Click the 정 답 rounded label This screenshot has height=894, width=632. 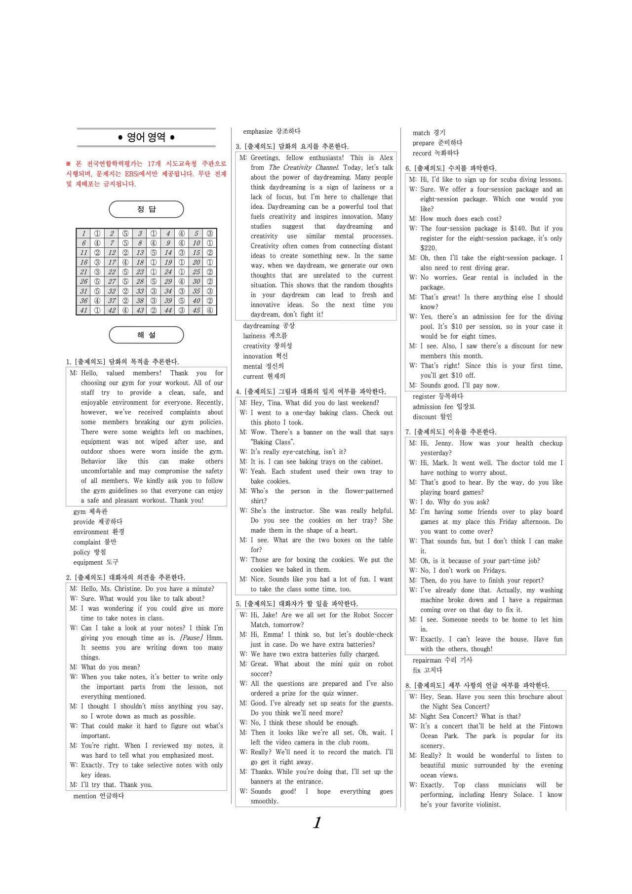coord(146,209)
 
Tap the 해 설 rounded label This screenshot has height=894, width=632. coord(146,335)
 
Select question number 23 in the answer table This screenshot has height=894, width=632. coord(140,272)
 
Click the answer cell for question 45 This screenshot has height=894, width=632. coord(210,311)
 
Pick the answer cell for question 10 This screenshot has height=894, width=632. coord(210,243)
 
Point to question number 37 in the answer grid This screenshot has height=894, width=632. coord(112,301)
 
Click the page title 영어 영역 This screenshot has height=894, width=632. coord(146,137)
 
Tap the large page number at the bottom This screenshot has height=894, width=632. coord(317,822)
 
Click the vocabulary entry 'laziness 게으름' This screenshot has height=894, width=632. coord(265,336)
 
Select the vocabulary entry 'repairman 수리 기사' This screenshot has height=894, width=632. coord(442,660)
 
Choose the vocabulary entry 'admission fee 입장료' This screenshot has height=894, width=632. coord(443,407)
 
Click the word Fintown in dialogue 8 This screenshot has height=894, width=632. coord(551,726)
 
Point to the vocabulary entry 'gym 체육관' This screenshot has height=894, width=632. coord(90,512)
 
